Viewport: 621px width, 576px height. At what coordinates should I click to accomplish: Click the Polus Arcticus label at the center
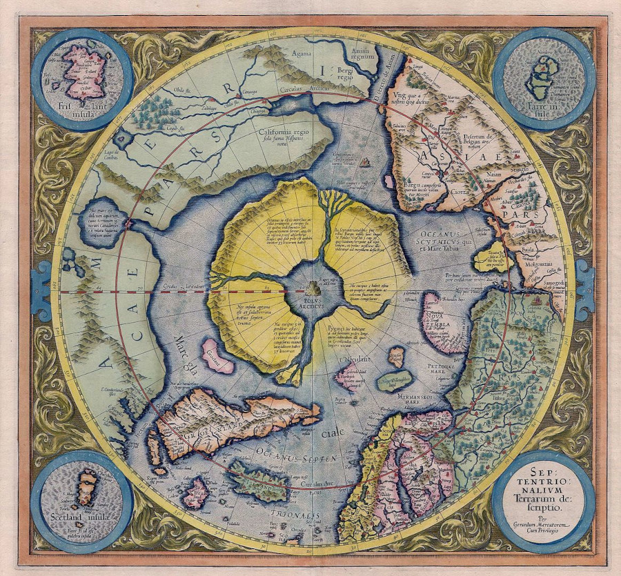[315, 301]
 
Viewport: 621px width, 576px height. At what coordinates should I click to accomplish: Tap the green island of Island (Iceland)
[258, 481]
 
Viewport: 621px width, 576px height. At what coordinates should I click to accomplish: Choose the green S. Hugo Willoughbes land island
[395, 379]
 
